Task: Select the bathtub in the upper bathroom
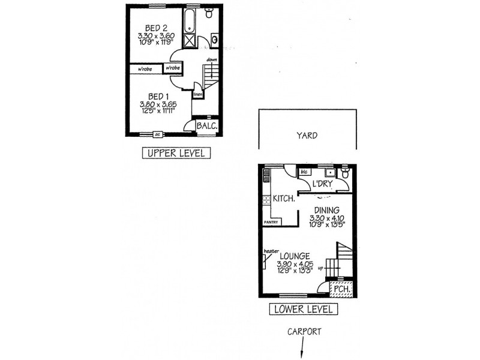click(190, 22)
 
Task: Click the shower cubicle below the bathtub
click(190, 41)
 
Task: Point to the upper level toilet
click(209, 14)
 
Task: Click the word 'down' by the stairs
click(211, 59)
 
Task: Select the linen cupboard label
click(198, 94)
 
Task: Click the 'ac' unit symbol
click(157, 134)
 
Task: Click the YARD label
click(307, 136)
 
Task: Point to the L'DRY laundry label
click(322, 184)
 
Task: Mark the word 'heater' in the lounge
click(269, 251)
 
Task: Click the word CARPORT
click(304, 331)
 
